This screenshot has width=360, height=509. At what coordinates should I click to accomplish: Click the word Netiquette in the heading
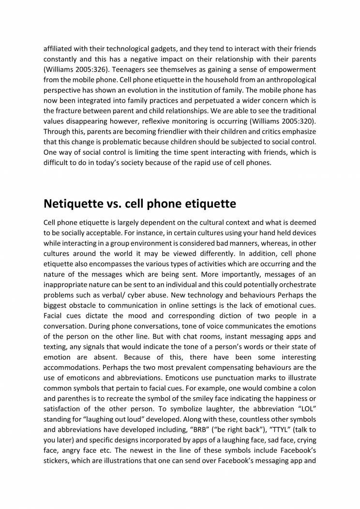74,204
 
